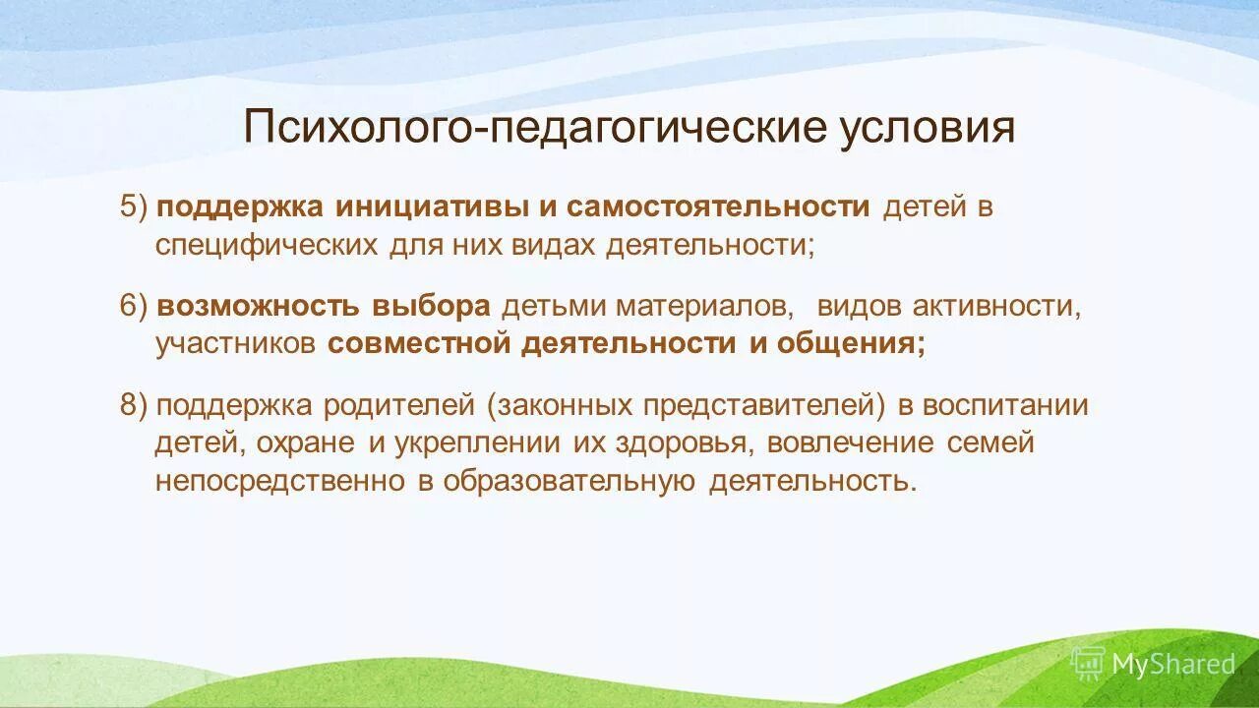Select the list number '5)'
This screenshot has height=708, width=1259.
tap(134, 207)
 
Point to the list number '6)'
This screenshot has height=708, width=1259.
tap(134, 306)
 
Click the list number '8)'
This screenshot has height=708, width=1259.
tap(134, 405)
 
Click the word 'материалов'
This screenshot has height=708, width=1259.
tap(704, 306)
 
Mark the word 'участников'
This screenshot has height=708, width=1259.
tap(235, 343)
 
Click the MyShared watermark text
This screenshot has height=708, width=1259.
tap(1172, 664)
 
